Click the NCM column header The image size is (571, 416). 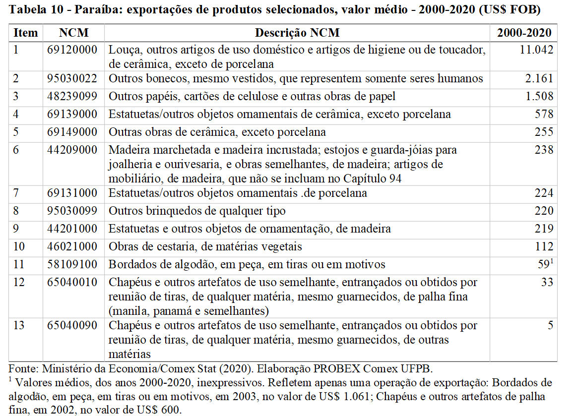[x=73, y=33]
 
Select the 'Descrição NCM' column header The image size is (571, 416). [x=297, y=33]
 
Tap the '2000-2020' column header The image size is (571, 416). [x=524, y=33]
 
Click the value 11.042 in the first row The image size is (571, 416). [x=536, y=50]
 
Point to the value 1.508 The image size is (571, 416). [x=539, y=97]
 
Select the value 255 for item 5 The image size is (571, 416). [x=544, y=132]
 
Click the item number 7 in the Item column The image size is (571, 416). [x=16, y=193]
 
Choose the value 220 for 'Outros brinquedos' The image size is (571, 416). [x=544, y=211]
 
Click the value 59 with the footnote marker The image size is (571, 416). [x=543, y=265]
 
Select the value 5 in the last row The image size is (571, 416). [x=550, y=326]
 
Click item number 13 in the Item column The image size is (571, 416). [x=18, y=326]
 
